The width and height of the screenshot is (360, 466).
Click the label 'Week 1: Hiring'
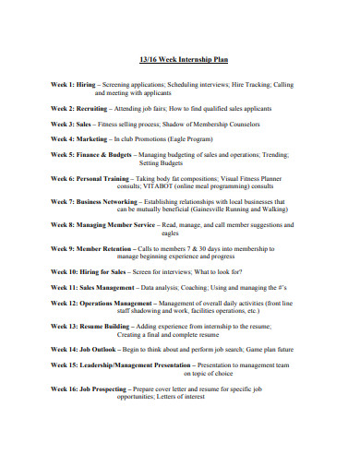click(74, 85)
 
